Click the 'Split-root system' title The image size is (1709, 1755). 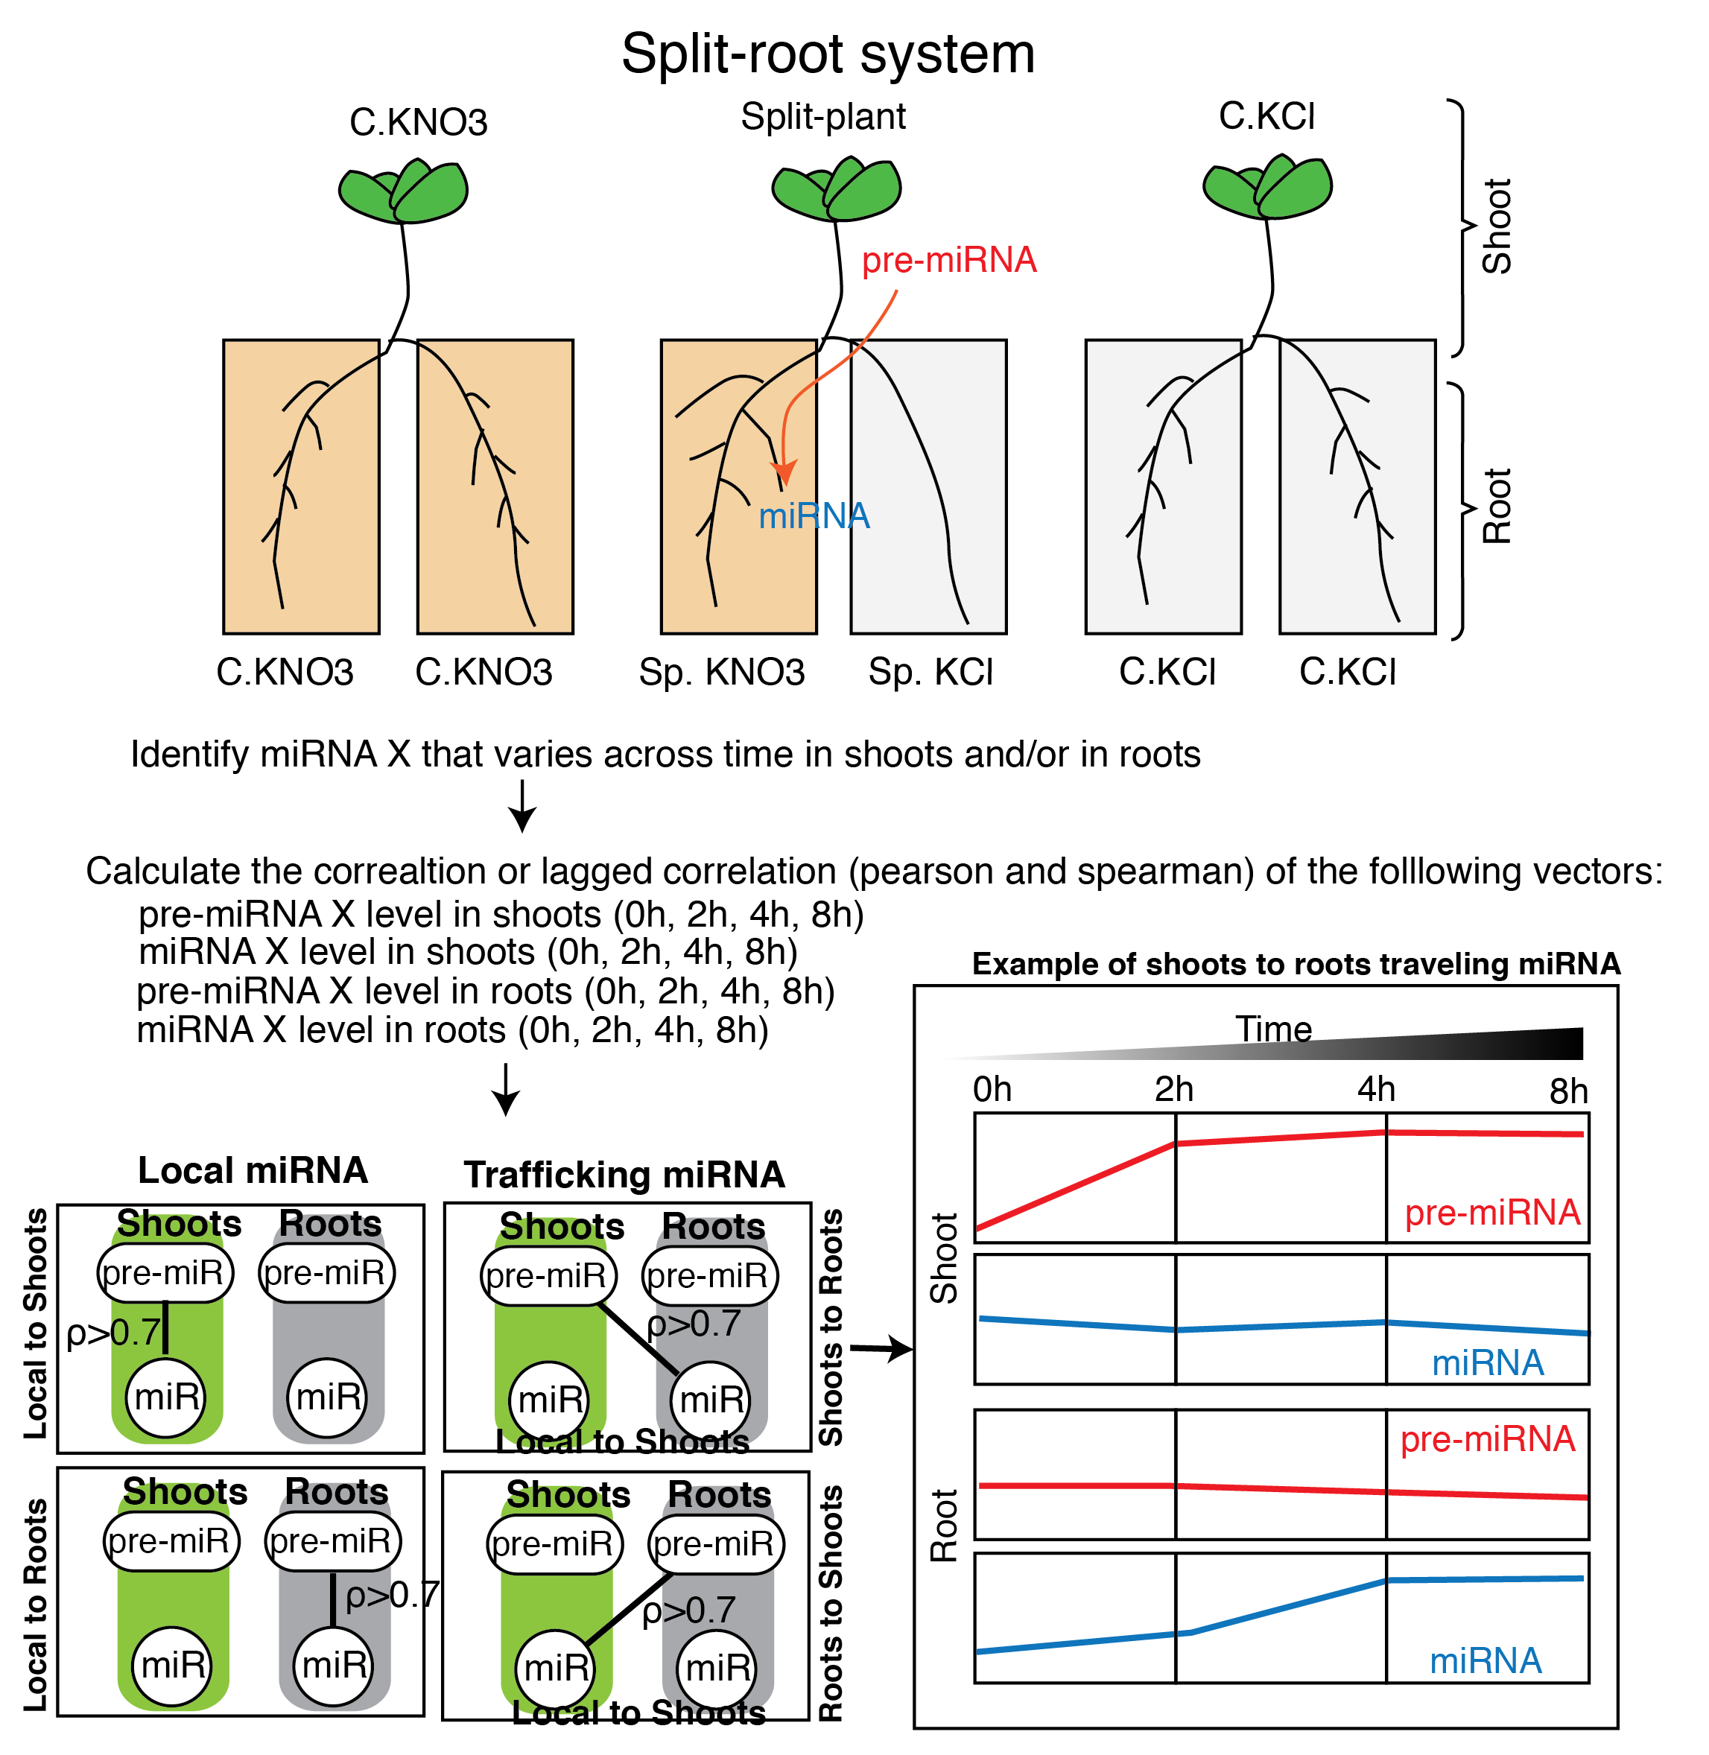(828, 54)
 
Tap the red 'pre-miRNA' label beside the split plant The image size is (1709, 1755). (949, 260)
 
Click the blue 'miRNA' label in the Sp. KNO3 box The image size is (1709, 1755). (814, 516)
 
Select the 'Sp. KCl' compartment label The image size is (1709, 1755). (930, 673)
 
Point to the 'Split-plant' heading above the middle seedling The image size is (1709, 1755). (823, 117)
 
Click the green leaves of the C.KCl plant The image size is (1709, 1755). (1267, 188)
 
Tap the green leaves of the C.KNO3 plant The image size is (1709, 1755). (404, 190)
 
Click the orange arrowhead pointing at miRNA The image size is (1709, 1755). (784, 473)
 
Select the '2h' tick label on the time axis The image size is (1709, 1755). (1173, 1090)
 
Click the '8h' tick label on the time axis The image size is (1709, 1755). (1568, 1091)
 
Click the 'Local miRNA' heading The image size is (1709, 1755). (253, 1170)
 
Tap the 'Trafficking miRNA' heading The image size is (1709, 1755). (625, 1175)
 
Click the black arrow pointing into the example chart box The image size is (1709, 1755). (880, 1348)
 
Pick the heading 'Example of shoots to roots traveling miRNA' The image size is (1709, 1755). (1296, 964)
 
